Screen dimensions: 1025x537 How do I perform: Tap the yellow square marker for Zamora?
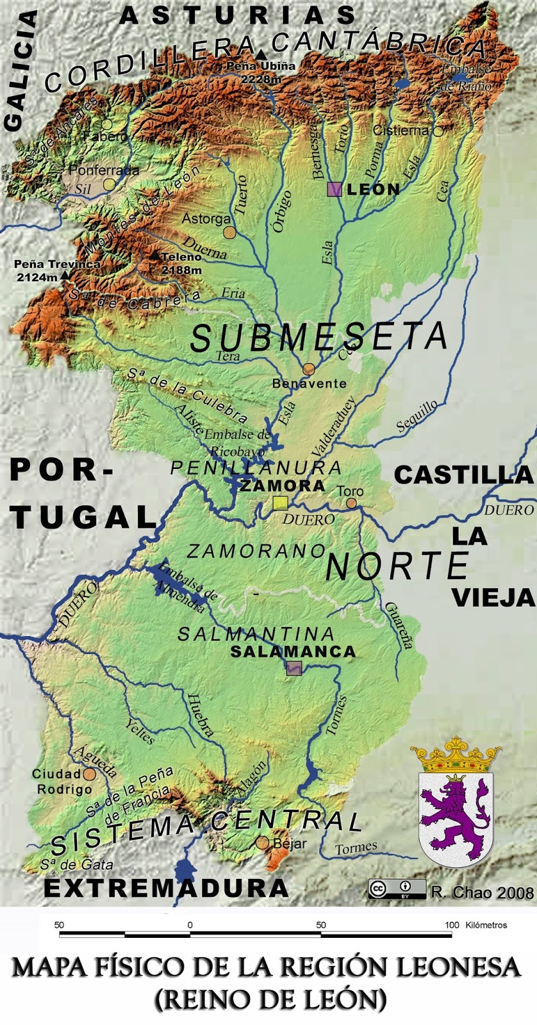click(279, 503)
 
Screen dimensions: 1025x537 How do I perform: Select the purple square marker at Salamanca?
click(293, 668)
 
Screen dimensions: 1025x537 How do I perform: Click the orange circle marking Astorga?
click(229, 233)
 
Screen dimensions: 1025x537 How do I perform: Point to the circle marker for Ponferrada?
click(110, 184)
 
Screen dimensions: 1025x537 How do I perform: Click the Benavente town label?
click(310, 384)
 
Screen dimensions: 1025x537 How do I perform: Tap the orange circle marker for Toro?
click(352, 504)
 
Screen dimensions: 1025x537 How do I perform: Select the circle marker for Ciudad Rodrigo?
click(89, 775)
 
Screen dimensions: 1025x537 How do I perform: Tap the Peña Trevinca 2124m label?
click(56, 270)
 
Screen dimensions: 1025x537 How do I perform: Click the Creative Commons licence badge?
click(397, 889)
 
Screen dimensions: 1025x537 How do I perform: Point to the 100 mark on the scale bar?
click(452, 925)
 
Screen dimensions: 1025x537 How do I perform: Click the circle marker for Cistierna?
click(438, 131)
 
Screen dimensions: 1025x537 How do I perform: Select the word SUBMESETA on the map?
click(318, 336)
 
